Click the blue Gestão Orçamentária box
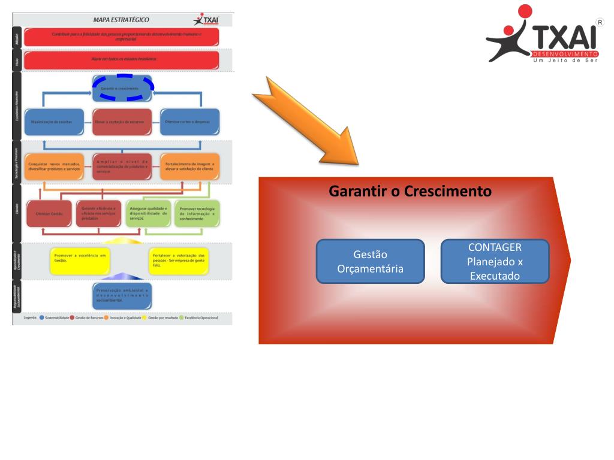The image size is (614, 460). pyautogui.click(x=370, y=261)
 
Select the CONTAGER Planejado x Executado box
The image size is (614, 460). pyautogui.click(x=495, y=261)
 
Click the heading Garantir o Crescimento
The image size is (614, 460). pyautogui.click(x=410, y=192)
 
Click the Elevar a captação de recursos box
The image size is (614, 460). pyautogui.click(x=119, y=122)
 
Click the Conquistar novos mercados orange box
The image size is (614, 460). pyautogui.click(x=55, y=168)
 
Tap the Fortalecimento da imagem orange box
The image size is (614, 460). pyautogui.click(x=189, y=168)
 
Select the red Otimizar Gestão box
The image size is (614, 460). pyautogui.click(x=49, y=213)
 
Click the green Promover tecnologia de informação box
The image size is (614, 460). pyautogui.click(x=197, y=213)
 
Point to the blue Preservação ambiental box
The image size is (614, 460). pyautogui.click(x=122, y=294)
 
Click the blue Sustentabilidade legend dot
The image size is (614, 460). pyautogui.click(x=41, y=317)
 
